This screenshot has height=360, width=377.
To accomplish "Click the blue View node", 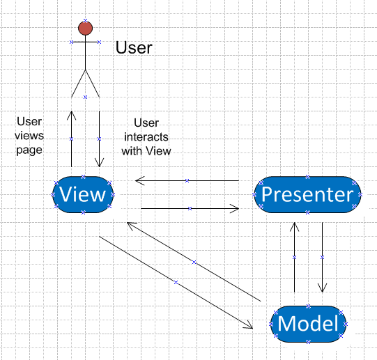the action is pos(83,194).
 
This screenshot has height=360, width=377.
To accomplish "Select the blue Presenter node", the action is pos(307,194).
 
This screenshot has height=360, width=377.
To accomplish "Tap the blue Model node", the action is pos(308,324).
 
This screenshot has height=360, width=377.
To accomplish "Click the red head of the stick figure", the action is pos(85,28).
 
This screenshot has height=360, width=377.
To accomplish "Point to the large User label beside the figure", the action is pos(134,47).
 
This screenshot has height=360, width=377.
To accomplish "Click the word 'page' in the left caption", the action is pos(29,150).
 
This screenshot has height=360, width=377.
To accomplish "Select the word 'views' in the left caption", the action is pos(29,136).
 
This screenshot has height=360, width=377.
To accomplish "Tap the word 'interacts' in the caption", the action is pos(146,137).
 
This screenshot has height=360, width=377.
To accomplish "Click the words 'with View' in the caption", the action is pos(146,151).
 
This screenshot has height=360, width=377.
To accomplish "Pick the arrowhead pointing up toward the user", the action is pos(71,115).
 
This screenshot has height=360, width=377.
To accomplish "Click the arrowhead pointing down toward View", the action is pos(99,163).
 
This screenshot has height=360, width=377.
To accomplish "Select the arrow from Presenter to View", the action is pos(187,180).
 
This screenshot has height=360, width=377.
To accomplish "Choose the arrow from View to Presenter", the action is pos(190,209).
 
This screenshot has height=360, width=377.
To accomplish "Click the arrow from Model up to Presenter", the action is pos(294,258).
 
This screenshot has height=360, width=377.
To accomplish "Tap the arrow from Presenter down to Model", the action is pos(322,258).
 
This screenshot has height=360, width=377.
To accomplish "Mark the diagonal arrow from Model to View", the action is pos(194,262).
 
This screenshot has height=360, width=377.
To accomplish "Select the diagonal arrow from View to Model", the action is pos(176,283).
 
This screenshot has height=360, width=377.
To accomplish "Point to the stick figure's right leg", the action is pos(92,84).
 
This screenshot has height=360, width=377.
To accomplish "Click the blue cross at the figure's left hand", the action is pos(71,42).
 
